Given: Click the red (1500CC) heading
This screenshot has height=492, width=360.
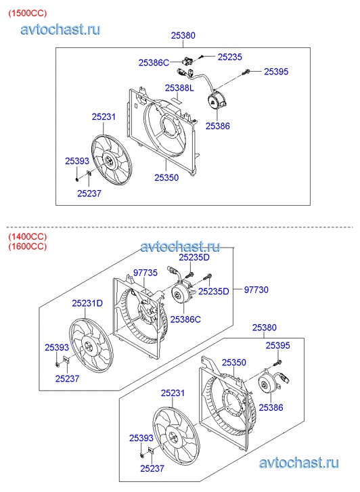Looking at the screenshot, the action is click(28, 14).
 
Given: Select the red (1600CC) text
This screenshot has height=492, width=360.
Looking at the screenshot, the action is click(28, 246).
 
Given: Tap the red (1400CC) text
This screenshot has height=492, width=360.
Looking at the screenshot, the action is click(28, 236).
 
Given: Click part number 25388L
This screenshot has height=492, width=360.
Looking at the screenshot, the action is click(179, 88).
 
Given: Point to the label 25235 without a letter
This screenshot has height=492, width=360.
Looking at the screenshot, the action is click(230, 57).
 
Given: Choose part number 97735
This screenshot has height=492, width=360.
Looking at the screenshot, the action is click(145, 273).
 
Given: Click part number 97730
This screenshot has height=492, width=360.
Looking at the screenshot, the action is click(256, 290).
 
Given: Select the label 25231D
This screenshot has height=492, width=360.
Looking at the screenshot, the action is click(87, 303).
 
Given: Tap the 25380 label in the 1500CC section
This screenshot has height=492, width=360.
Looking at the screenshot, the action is click(183, 35).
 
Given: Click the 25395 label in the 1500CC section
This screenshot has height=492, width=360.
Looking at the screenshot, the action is click(276, 72).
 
